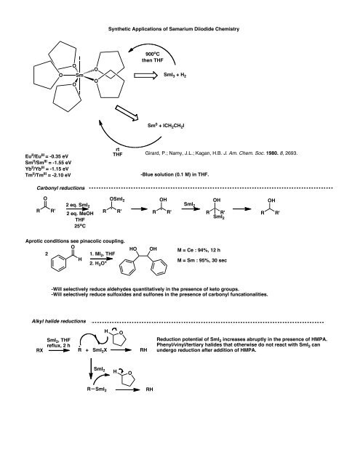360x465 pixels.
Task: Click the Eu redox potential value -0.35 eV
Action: (47, 155)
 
